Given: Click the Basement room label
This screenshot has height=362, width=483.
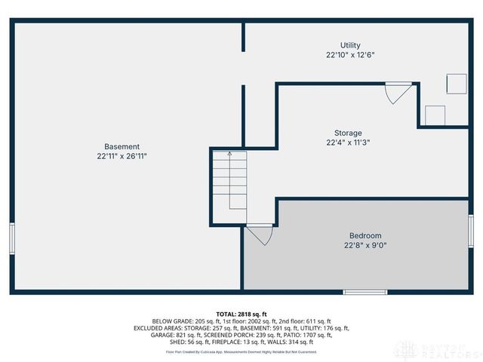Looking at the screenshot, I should pos(122,146).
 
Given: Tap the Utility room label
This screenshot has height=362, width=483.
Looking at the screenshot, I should pos(350,45).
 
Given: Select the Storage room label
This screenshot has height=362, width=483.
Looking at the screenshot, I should pos(348,133).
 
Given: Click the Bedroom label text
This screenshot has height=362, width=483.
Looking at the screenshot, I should pos(365,235).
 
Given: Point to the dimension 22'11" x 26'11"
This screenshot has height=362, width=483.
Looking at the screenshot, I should pos(122,156).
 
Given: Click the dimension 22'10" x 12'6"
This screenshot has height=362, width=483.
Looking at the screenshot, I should pos(350,55).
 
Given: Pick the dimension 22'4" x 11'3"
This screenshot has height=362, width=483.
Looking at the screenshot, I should pos(348,142).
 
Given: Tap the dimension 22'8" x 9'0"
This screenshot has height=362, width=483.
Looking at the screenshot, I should pos(365,245).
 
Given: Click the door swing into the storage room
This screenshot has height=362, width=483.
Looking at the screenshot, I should pos(396,94).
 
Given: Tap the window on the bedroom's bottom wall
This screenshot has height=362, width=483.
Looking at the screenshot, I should pos(365,292).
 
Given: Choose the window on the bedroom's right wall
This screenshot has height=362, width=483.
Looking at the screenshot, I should pos(471,231).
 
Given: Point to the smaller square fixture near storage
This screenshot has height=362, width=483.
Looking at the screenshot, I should pos(435,115).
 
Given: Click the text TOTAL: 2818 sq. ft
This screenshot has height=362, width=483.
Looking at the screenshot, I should pos(241,314).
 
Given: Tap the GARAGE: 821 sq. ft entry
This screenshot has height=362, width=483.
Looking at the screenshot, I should pos(175,335).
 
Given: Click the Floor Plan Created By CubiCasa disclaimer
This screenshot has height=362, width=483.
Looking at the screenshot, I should pos(241,351).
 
